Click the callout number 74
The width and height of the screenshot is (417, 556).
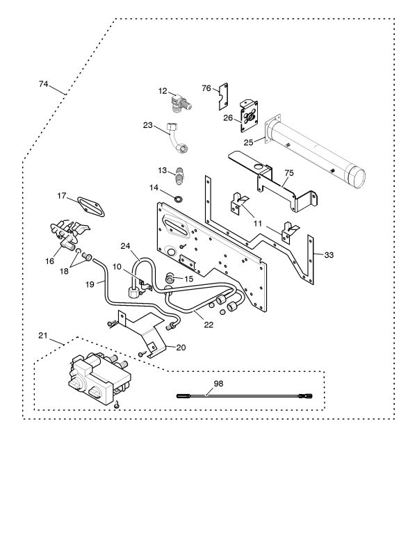click(43, 84)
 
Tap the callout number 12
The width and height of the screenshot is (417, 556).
click(163, 91)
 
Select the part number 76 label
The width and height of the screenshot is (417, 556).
click(206, 88)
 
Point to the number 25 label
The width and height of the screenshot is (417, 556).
click(248, 142)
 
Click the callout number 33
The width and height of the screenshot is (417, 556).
click(329, 255)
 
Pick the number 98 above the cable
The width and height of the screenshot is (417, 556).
click(218, 384)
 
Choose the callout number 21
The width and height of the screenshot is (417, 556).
click(43, 336)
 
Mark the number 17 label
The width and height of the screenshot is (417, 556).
click(62, 197)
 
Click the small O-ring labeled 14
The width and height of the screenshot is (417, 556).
click(179, 199)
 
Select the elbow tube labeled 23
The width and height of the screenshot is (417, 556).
click(177, 138)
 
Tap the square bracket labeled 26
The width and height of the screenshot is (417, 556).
click(250, 115)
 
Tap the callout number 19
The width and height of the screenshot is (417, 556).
click(90, 284)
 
